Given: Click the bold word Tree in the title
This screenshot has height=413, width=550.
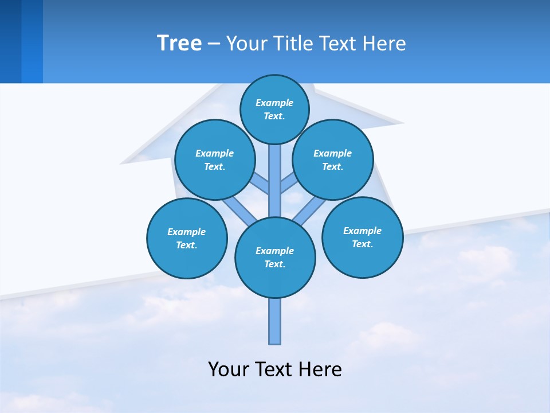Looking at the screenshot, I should (x=179, y=44).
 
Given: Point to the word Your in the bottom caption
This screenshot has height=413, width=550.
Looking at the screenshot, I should (x=229, y=369).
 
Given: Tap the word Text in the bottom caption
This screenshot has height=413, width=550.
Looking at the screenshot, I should (x=274, y=369).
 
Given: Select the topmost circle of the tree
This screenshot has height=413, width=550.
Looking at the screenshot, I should (x=274, y=109).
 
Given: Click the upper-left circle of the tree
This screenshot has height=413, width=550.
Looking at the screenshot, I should (x=214, y=159).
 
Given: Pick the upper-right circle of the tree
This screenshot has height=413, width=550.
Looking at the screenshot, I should (x=333, y=159).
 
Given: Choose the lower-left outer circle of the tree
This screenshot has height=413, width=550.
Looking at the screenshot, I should (x=187, y=238).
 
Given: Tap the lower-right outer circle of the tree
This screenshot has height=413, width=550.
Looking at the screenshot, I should (x=362, y=237).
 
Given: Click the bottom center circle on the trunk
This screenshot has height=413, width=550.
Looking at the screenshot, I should (x=275, y=257).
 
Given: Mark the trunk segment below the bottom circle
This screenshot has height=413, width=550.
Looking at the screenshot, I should (x=275, y=321).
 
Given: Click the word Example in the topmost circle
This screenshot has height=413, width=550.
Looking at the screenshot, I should (x=274, y=103).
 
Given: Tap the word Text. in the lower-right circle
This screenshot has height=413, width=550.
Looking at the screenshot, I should (x=362, y=244).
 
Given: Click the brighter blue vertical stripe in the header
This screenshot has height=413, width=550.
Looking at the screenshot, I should (x=32, y=41).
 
